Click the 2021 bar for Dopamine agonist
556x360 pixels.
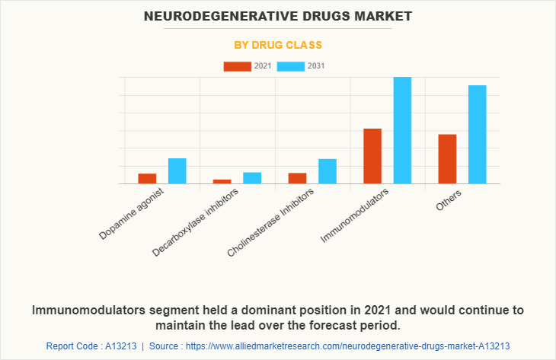tap(147, 179)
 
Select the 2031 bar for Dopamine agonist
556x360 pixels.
tap(177, 171)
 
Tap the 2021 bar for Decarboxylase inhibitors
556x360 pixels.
tap(222, 181)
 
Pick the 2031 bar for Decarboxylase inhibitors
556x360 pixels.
tap(252, 178)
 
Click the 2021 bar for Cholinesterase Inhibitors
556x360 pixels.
tap(297, 178)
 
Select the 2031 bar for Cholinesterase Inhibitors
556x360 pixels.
tap(328, 171)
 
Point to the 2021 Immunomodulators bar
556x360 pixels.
tap(372, 156)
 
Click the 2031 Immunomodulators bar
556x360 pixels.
tap(402, 130)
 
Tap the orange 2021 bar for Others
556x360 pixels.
tap(447, 159)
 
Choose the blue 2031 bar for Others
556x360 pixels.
tap(478, 135)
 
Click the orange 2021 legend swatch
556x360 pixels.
tap(237, 66)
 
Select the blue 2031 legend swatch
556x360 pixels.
tap(290, 66)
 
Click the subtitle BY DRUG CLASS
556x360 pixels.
tap(277, 45)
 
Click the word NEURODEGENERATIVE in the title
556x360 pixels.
tap(217, 15)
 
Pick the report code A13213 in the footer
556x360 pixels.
tap(117, 346)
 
